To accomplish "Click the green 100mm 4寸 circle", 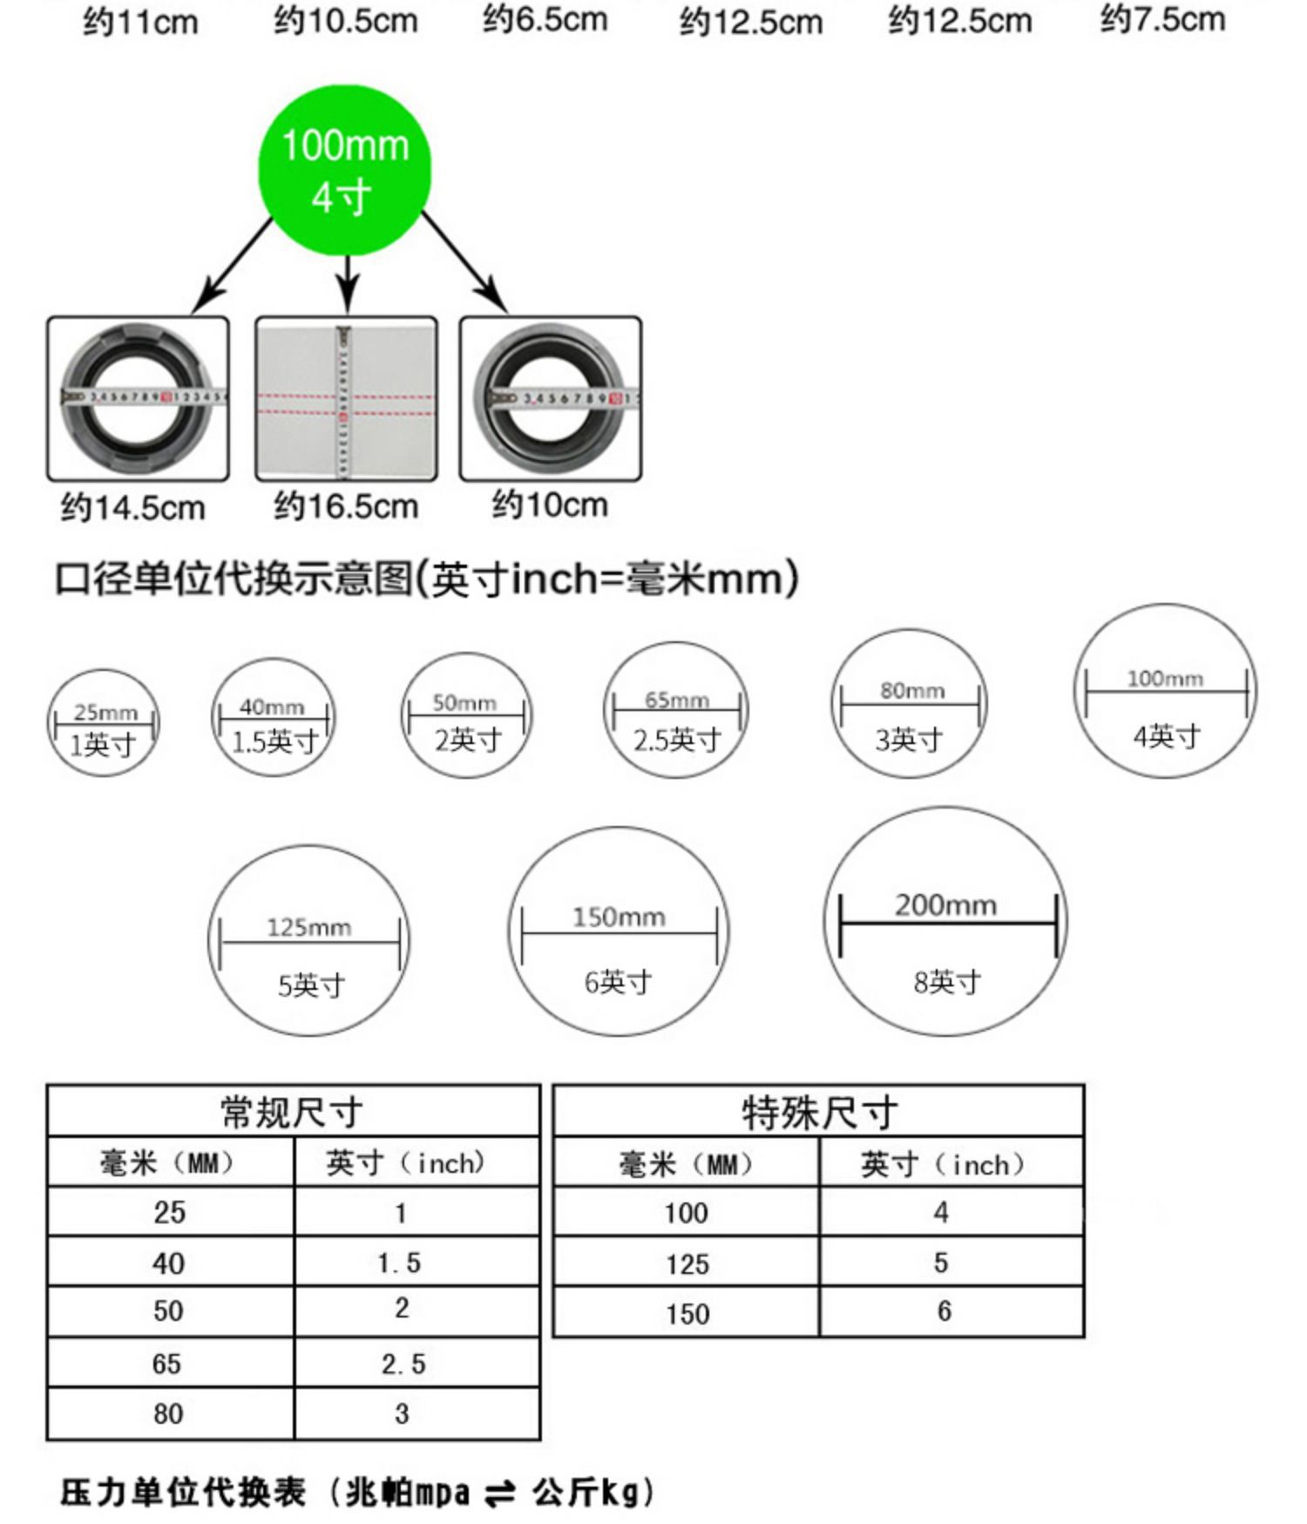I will [x=345, y=170].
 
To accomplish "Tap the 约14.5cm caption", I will [x=132, y=507].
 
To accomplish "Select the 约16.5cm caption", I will [x=346, y=505].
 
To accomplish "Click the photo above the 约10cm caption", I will [x=551, y=398].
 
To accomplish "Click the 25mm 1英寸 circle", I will [x=104, y=722].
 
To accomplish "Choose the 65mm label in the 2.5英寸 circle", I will [x=676, y=700].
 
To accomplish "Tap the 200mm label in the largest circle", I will [x=945, y=904].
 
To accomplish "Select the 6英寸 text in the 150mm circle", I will [x=618, y=982].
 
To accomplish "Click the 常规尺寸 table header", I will [x=293, y=1112].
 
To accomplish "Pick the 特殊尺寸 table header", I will [x=818, y=1112].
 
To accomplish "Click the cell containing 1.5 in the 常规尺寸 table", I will [x=400, y=1263].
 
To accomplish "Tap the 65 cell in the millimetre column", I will [x=167, y=1364].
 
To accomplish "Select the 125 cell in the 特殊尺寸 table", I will [x=687, y=1263].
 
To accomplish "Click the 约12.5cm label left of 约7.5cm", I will [x=960, y=21].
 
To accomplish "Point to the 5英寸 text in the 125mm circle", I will [x=311, y=986].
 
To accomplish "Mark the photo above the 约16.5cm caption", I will [x=346, y=398].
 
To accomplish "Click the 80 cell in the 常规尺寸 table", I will [x=168, y=1413].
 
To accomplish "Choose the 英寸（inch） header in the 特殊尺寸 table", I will [x=943, y=1163].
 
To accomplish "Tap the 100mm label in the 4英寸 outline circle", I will [x=1165, y=678].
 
